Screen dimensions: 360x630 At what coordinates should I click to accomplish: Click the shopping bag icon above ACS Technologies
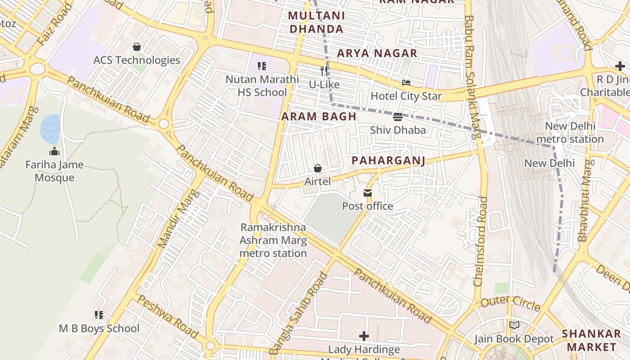click(x=137, y=47)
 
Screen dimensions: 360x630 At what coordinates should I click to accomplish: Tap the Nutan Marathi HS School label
click(x=262, y=85)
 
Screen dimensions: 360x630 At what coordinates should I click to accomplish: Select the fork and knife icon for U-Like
click(x=324, y=71)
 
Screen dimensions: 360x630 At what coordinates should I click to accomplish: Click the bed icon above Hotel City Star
click(x=406, y=83)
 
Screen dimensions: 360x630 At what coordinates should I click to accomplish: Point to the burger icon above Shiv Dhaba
click(x=397, y=117)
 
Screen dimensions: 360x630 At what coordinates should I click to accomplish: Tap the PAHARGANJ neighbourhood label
click(x=388, y=161)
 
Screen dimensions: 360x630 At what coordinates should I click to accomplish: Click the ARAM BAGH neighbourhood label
click(x=319, y=117)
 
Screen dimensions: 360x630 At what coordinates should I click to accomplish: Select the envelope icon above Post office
click(x=368, y=193)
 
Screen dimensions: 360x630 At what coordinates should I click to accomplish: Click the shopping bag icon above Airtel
click(x=318, y=168)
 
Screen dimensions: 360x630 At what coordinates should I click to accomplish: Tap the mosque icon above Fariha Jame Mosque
click(x=54, y=151)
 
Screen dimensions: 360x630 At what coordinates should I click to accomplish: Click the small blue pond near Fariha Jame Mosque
click(x=50, y=128)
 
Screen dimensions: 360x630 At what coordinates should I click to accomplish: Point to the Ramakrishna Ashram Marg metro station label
click(x=273, y=240)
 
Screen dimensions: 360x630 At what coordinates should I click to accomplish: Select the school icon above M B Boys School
click(x=99, y=315)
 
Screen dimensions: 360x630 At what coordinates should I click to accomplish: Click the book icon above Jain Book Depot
click(x=514, y=325)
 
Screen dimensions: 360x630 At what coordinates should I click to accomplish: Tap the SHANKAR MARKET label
click(x=591, y=340)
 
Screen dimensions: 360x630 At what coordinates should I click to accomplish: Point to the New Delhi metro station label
click(x=570, y=132)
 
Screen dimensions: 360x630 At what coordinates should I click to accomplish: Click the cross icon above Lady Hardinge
click(x=364, y=336)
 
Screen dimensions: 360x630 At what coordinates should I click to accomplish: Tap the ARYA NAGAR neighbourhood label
click(x=377, y=53)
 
